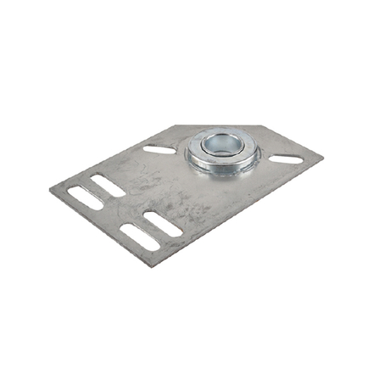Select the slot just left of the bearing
click(x=160, y=149)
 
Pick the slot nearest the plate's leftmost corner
click(x=83, y=195)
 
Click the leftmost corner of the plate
click(x=52, y=191)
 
